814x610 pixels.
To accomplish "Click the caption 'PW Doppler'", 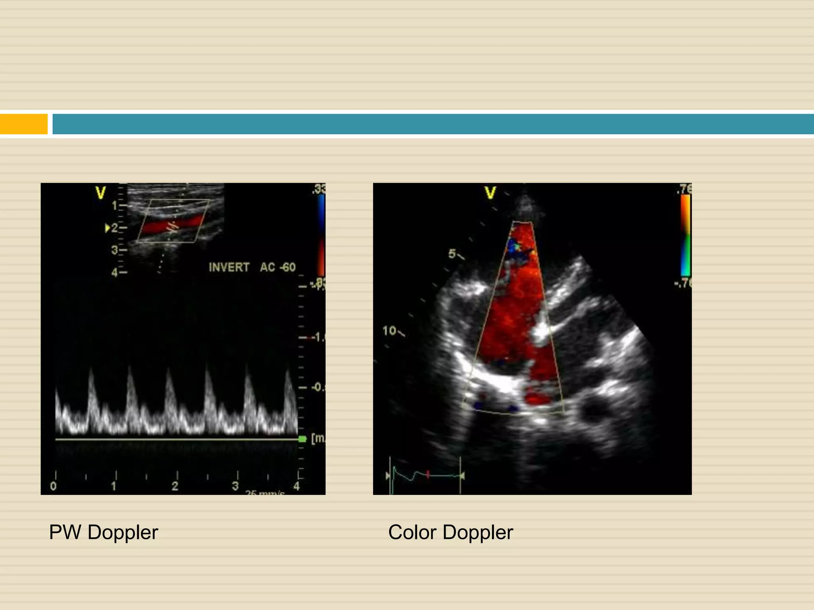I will pos(103,532).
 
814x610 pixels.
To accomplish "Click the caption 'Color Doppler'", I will pos(450,532).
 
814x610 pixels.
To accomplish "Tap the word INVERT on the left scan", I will pos(229,267).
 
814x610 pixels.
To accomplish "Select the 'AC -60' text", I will pos(278,267).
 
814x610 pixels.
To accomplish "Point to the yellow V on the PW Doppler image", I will pos(101,193).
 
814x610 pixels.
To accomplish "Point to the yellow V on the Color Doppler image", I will pos(490,193).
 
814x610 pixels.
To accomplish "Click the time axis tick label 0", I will pos(54,486).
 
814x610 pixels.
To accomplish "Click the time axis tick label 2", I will pos(175,486).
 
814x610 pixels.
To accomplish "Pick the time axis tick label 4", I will pos(297,486).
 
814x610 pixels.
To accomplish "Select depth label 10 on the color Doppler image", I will pos(389,330).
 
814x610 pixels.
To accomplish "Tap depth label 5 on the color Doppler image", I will pos(452,254).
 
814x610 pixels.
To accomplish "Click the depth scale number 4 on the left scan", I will pos(114,272).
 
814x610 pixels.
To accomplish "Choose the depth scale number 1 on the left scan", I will pos(114,206).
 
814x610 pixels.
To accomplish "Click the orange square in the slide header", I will pos(23,124).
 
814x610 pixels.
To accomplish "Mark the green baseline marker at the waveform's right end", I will pos(302,439).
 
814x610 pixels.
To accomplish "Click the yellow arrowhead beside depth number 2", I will pos(107,228).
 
